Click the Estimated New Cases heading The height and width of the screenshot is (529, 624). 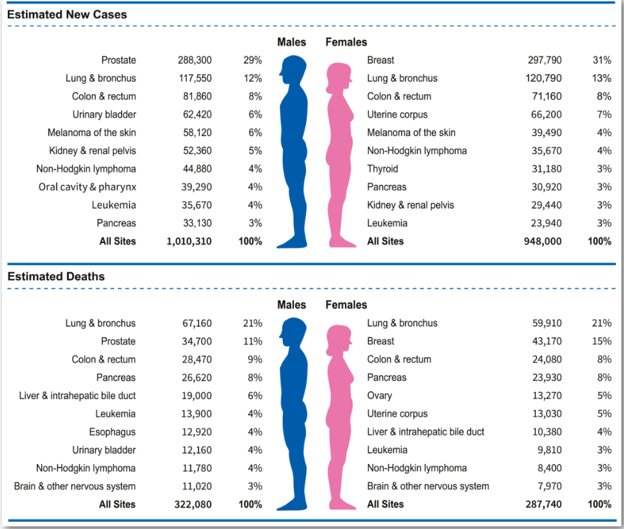click(67, 15)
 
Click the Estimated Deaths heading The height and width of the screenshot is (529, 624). click(56, 276)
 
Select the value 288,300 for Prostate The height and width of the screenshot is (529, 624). click(194, 60)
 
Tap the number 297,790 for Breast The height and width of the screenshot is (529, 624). click(545, 60)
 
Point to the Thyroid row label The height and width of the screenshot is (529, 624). click(383, 169)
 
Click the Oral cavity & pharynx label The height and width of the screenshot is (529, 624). click(87, 187)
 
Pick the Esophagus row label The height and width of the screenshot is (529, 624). click(113, 432)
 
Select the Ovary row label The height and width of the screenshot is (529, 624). click(380, 396)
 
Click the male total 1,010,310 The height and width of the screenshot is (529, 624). click(189, 241)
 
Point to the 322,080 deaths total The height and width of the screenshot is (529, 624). click(193, 504)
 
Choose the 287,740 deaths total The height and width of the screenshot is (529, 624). click(543, 504)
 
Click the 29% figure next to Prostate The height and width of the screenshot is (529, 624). click(252, 60)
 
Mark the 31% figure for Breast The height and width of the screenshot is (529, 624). click(601, 60)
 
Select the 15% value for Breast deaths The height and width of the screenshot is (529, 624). click(601, 341)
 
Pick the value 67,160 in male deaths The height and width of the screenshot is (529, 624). click(197, 323)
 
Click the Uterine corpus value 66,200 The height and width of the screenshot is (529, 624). click(546, 115)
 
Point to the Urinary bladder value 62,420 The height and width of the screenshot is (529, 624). click(197, 115)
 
